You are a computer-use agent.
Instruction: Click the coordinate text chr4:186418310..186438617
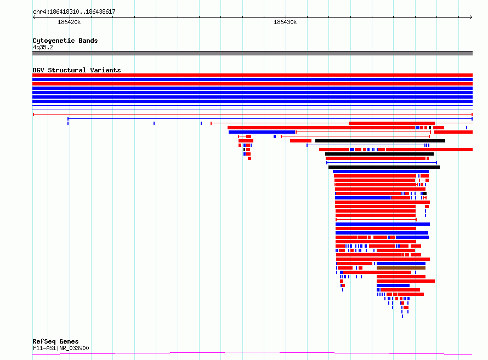[x=74, y=12]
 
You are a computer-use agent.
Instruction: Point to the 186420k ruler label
[x=69, y=22]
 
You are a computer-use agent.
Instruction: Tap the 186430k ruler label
[x=285, y=22]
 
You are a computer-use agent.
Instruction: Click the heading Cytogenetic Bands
[x=65, y=41]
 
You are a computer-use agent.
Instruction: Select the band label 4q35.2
[x=43, y=47]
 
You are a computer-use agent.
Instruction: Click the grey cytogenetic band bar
[x=252, y=53]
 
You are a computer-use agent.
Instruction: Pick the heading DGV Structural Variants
[x=77, y=70]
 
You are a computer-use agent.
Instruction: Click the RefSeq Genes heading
[x=55, y=341]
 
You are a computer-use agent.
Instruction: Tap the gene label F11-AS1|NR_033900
[x=61, y=348]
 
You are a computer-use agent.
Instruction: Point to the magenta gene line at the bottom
[x=252, y=352]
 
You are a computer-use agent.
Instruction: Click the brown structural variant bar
[x=401, y=267]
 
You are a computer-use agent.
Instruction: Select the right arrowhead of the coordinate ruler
[x=471, y=17]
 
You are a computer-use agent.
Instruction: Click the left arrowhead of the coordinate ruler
[x=34, y=17]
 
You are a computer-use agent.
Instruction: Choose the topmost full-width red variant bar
[x=252, y=75]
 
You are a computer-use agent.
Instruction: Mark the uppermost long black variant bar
[x=380, y=141]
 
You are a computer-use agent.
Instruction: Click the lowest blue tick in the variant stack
[x=402, y=316]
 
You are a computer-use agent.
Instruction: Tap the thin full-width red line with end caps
[x=253, y=115]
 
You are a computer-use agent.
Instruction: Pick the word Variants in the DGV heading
[x=105, y=70]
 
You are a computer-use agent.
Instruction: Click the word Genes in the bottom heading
[x=69, y=341]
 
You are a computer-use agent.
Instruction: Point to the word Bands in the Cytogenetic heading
[x=88, y=41]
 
